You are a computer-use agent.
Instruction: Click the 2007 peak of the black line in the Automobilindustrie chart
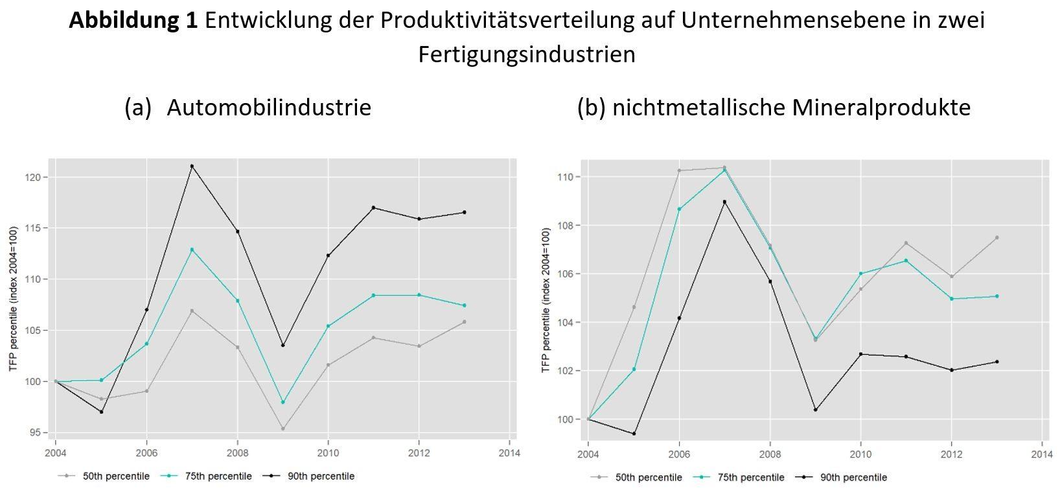point(192,166)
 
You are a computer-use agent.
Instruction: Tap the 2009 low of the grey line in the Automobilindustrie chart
point(283,428)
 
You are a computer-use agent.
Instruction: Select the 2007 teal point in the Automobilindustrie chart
point(192,250)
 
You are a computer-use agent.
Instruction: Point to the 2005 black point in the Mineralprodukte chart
point(634,434)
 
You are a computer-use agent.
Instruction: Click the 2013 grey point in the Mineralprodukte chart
point(997,238)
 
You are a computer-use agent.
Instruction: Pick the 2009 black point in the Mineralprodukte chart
point(815,410)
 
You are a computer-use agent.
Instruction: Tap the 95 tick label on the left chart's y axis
point(37,432)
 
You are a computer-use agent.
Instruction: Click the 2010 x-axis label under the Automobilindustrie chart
point(328,453)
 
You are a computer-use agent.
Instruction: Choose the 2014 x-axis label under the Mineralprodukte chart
point(1042,453)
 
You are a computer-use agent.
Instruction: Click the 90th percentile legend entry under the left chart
point(317,476)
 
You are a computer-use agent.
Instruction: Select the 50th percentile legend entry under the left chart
point(116,476)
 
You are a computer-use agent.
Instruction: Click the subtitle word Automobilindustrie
point(269,107)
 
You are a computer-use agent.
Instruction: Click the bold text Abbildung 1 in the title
point(133,20)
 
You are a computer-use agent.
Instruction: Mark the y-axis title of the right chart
point(546,303)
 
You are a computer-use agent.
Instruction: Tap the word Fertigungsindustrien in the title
point(527,54)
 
